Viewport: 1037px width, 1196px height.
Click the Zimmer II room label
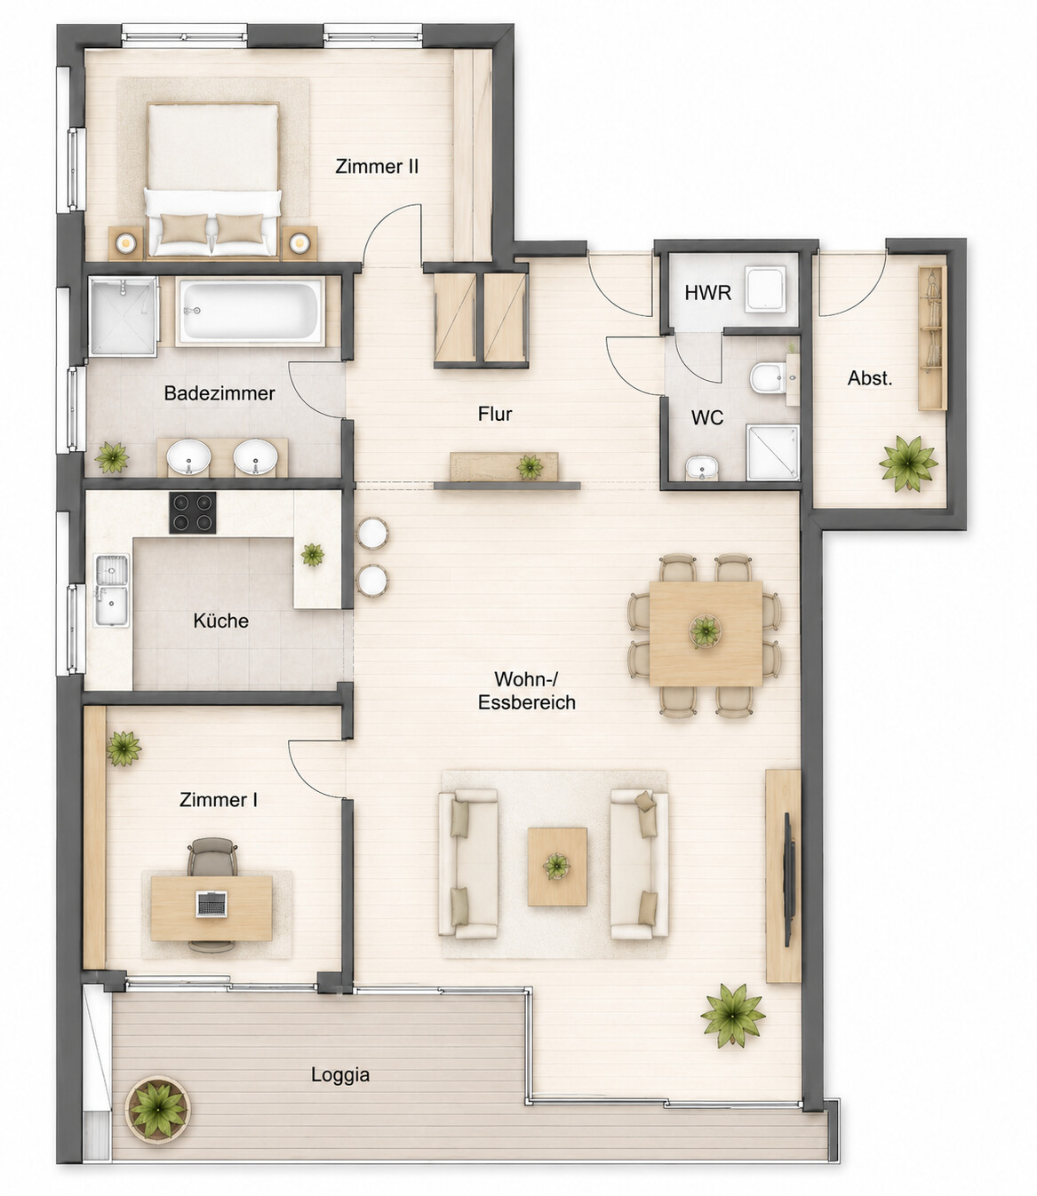(377, 167)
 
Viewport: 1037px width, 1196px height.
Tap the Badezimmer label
(219, 393)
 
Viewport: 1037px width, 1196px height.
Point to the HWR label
(707, 293)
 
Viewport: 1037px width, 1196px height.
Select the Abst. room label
(869, 378)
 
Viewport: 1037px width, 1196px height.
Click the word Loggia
(339, 1074)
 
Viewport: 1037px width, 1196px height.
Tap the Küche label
(220, 621)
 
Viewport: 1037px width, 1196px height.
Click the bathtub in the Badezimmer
(250, 312)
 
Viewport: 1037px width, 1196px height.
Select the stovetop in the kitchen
(192, 512)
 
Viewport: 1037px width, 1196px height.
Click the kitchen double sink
(112, 590)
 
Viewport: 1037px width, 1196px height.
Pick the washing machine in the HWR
(765, 289)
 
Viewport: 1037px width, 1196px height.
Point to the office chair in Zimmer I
(212, 857)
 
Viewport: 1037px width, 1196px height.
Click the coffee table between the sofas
(557, 867)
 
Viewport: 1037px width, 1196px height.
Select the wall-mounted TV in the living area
(788, 880)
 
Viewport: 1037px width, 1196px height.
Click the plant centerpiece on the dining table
(706, 631)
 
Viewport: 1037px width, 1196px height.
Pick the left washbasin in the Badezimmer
(188, 456)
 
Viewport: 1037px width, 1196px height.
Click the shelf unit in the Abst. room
(932, 337)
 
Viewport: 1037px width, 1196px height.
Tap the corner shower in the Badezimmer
(124, 315)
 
